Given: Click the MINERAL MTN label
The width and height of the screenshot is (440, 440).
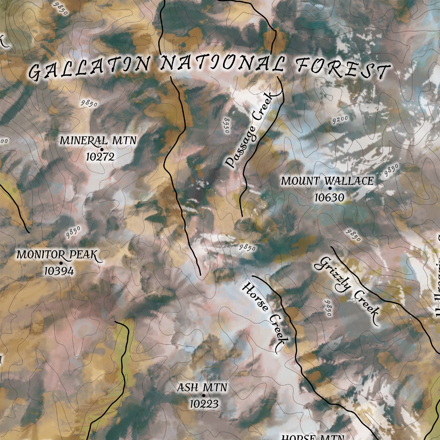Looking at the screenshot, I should pos(98,141).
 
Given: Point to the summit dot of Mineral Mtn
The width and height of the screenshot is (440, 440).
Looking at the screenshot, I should pos(102,150).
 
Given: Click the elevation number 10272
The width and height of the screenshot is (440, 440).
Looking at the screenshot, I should pos(100,157).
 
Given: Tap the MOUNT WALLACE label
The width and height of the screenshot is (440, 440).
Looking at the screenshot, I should pos(327,181).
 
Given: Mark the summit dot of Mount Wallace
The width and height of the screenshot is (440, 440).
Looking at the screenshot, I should pos(330,188).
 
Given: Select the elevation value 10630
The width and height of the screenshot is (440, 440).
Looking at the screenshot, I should pos(329,198).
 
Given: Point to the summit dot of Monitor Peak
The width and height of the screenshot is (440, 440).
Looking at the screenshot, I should pos(61,263).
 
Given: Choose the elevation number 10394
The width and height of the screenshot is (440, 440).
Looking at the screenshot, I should pos(59,271).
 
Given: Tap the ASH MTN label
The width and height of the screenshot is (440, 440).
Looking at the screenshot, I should pos(202,387).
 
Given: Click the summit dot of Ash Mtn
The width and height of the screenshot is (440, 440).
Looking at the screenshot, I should pos(204,396).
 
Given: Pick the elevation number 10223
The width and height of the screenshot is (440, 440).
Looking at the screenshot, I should pos(204,404).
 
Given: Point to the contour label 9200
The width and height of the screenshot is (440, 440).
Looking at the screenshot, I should pos(340,120).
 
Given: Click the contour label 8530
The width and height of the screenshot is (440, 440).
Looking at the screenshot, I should pos(227,125).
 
